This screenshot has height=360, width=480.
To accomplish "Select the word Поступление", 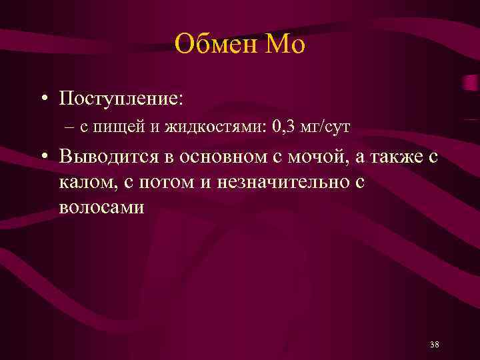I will point(120,99).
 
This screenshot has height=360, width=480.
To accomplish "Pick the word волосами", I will point(101,207).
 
